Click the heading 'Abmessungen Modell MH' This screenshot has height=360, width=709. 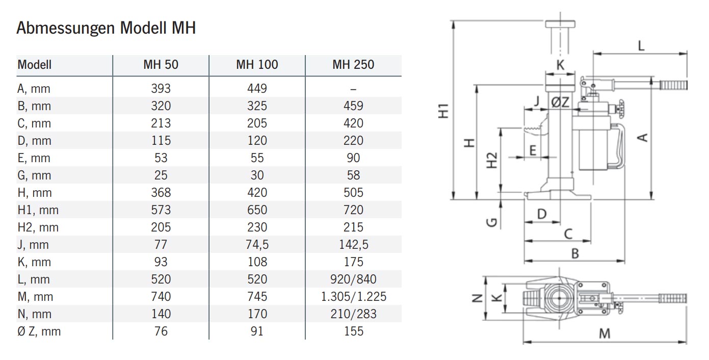[106, 28]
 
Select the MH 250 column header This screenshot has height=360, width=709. [353, 65]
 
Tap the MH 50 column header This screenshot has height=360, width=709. [161, 65]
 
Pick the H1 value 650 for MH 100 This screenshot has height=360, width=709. [257, 210]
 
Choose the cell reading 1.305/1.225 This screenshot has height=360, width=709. [353, 297]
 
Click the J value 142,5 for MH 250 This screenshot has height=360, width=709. [353, 245]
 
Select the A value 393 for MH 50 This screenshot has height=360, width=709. [161, 89]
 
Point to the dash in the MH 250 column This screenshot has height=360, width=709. [353, 89]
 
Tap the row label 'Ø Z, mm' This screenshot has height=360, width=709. [39, 331]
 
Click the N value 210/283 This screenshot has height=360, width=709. [353, 314]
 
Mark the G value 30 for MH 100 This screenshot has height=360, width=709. [257, 175]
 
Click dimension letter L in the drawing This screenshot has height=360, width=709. [641, 45]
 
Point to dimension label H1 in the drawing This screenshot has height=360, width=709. [444, 111]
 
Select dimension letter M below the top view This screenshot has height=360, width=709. [604, 333]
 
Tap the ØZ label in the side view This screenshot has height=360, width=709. [560, 102]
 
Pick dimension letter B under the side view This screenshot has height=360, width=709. [575, 253]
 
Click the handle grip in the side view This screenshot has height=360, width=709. [672, 85]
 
